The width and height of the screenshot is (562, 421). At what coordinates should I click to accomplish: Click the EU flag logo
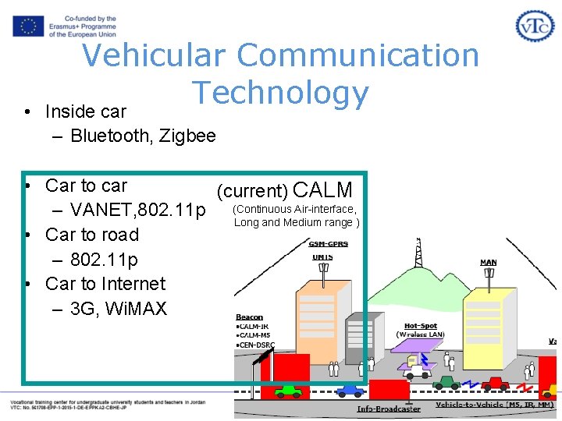28,27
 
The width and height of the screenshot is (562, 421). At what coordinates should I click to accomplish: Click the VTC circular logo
535,27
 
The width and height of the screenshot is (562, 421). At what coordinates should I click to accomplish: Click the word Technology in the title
281,93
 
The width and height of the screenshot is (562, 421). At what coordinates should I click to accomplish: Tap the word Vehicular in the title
154,55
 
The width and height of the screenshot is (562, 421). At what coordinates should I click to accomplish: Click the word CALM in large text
322,189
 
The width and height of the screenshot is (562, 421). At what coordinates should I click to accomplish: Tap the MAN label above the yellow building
489,263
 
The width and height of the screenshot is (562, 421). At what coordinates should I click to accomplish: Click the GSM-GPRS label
329,244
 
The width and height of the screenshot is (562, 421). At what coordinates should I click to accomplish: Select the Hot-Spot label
421,326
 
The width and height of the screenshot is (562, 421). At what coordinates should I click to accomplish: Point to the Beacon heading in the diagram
250,317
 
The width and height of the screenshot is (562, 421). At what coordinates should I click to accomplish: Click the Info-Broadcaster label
389,409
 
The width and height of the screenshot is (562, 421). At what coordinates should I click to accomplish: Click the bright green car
288,391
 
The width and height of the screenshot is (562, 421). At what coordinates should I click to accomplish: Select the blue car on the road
349,390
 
